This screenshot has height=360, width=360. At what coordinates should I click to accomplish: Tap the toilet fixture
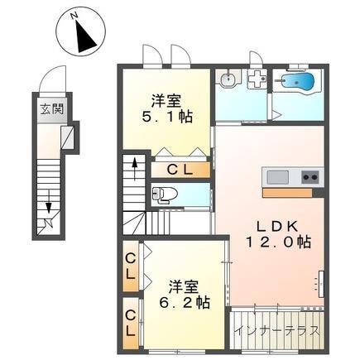[164, 195]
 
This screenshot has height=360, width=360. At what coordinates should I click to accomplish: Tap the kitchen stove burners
[310, 176]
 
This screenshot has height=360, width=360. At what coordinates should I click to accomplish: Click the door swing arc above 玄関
[55, 79]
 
